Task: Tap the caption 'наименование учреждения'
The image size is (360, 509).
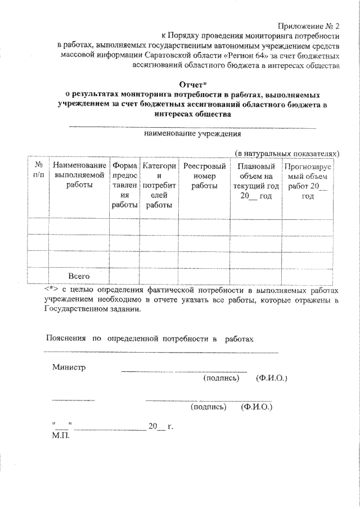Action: pos(192,134)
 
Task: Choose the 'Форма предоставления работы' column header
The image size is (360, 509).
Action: pos(124,186)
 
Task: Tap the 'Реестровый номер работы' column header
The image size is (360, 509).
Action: pos(204,175)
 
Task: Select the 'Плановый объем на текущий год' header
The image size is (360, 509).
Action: pos(256,181)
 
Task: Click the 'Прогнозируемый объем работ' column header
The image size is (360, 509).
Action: pos(307,181)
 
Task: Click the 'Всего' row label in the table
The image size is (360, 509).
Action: pos(79,276)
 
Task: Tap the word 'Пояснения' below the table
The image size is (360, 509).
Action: pos(65,339)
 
